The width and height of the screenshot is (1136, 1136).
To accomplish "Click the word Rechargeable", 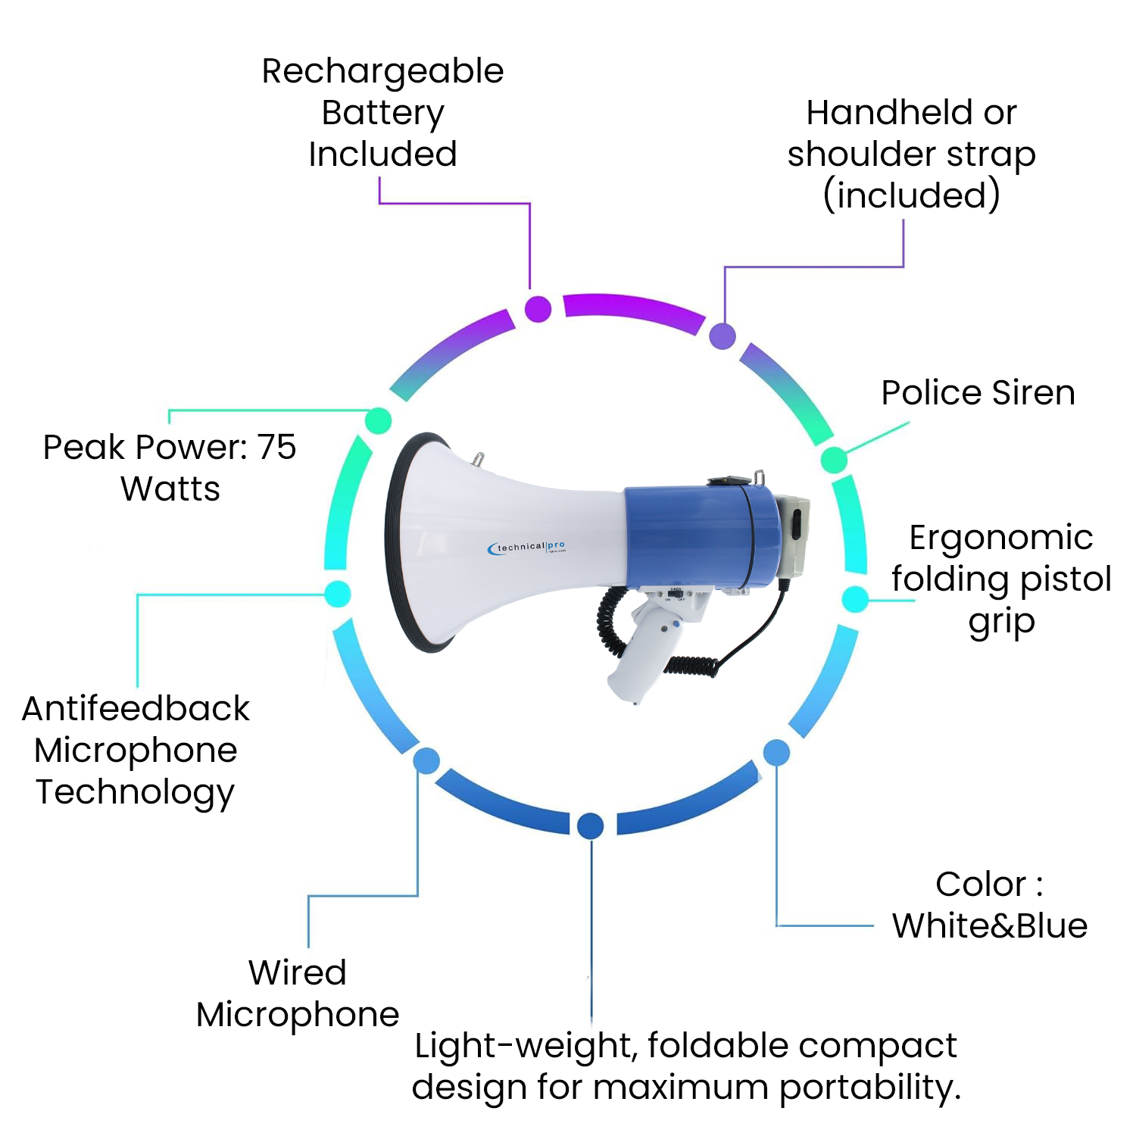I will [x=382, y=72].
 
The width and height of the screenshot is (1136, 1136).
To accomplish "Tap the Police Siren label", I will [x=978, y=393].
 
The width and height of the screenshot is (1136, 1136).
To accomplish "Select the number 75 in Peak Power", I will [x=276, y=447].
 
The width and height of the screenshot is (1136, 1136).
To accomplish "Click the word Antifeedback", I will [x=136, y=709].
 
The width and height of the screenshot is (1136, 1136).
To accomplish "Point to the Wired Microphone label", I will [x=298, y=993].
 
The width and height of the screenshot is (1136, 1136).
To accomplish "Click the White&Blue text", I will [x=989, y=925].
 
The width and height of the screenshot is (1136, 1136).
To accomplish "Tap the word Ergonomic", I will [x=1000, y=538].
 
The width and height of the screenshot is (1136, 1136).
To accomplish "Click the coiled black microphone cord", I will [x=610, y=621].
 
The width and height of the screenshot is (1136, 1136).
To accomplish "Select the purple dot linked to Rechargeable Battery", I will [x=538, y=309].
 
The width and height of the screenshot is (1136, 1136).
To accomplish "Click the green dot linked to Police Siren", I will [x=834, y=460].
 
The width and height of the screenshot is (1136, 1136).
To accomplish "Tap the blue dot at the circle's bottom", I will [x=590, y=825].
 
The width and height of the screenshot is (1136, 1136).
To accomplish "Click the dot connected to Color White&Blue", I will [x=776, y=753].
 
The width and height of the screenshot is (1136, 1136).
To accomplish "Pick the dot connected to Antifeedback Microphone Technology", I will [x=338, y=594].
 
